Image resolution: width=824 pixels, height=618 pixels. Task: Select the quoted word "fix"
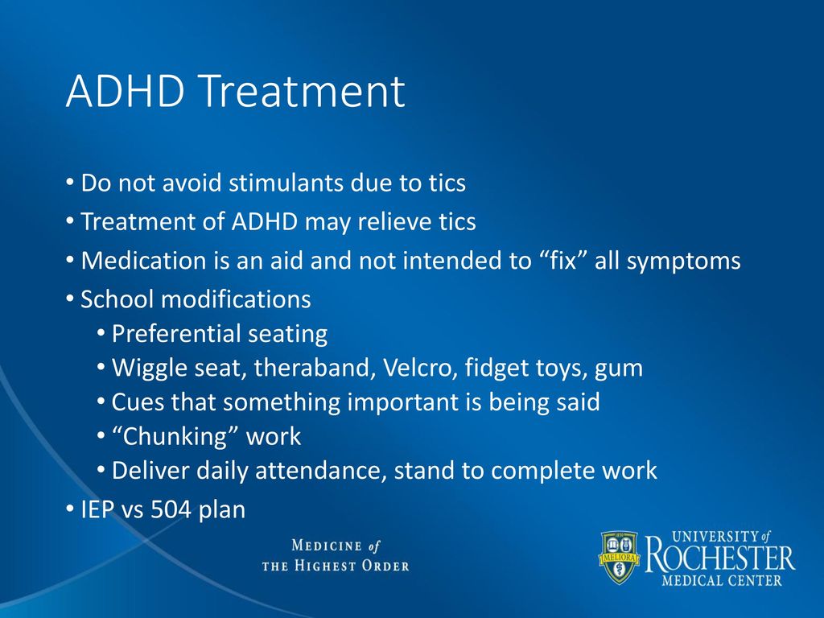tap(563, 260)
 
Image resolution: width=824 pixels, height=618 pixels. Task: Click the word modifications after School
tap(236, 299)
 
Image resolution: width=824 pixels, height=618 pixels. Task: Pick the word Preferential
tap(176, 334)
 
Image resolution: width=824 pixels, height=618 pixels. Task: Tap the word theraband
tap(315, 367)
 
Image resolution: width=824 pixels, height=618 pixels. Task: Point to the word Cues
tap(137, 402)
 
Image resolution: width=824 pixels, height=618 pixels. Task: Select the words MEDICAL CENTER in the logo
tap(722, 581)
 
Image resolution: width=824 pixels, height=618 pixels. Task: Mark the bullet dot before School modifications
tap(70, 299)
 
